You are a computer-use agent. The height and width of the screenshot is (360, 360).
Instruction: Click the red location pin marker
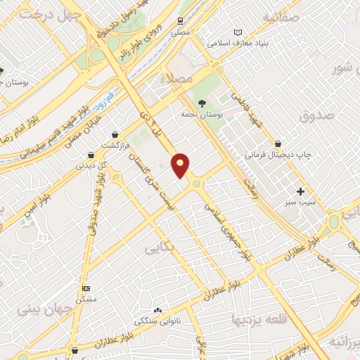[x=181, y=165]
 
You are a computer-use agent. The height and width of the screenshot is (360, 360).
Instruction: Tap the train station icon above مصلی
[x=181, y=22]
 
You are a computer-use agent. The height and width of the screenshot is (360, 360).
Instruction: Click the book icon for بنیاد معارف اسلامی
[x=238, y=32]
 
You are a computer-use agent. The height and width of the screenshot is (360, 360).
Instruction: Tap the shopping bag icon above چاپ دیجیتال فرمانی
[x=278, y=143]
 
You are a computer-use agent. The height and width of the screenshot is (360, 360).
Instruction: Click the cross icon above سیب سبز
[x=300, y=191]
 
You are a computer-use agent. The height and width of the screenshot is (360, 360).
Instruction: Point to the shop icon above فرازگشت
[x=114, y=134]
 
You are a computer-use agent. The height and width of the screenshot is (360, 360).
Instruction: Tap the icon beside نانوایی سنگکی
[x=157, y=310]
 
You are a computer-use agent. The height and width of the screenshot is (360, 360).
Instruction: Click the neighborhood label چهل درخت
[x=34, y=17]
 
